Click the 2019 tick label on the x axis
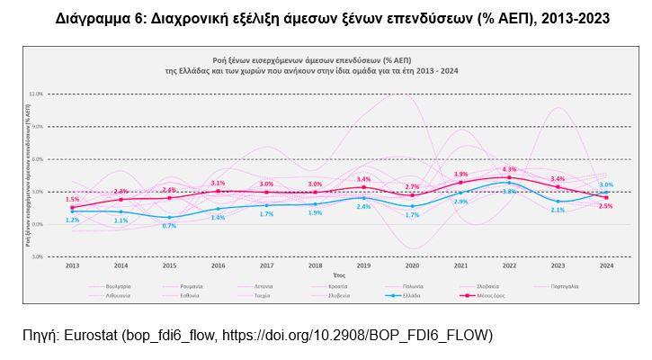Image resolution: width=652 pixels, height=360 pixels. point(363,265)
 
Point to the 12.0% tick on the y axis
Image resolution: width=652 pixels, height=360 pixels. point(36,94)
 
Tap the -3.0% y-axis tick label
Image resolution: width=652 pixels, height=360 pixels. point(36,256)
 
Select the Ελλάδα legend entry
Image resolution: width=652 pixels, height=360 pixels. point(409,294)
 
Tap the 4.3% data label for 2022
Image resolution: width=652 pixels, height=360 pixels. point(510,169)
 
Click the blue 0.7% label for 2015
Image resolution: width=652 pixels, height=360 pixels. point(169,226)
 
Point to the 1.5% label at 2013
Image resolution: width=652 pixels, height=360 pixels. point(73,199)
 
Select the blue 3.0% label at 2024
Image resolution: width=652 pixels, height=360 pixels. point(606,184)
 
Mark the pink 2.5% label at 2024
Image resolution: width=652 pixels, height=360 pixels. point(606,206)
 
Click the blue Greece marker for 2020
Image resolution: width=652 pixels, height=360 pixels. point(412,206)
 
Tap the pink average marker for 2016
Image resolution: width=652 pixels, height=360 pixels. point(218,191)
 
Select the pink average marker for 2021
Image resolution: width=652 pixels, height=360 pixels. point(460,183)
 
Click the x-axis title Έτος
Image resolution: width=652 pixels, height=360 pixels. point(339,274)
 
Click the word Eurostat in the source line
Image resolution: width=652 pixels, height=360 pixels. point(91,336)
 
